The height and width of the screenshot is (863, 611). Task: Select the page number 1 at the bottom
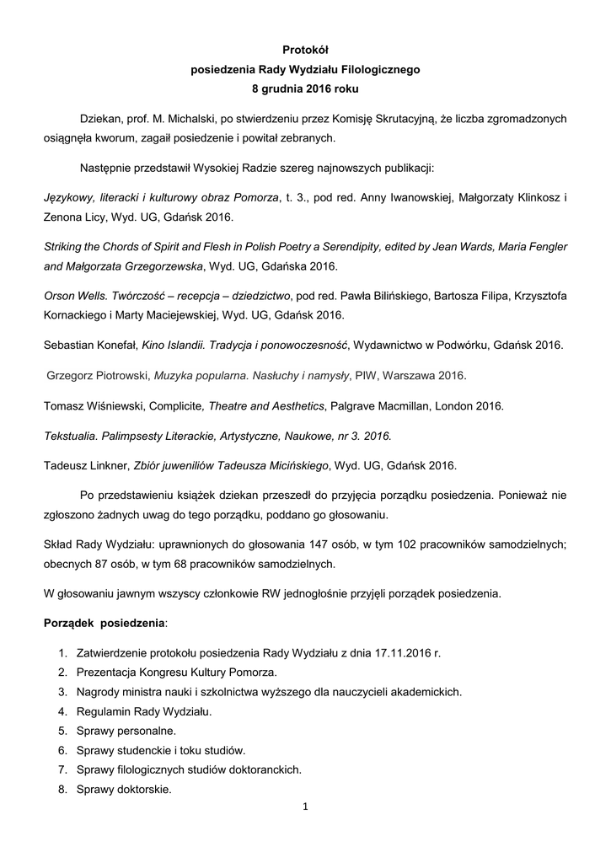[306, 807]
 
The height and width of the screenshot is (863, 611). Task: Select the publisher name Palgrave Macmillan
[382, 405]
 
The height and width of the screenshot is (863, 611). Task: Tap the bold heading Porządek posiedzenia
[104, 622]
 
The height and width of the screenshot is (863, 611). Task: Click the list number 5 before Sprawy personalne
[62, 731]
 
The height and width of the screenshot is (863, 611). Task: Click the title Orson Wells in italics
[76, 297]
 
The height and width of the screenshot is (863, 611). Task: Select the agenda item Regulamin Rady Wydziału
[138, 711]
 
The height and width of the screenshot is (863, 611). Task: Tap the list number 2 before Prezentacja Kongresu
[62, 673]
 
